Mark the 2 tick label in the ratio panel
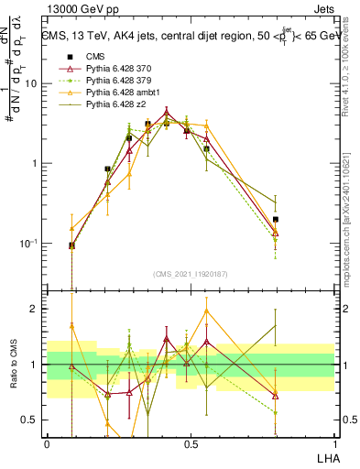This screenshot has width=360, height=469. (36, 309)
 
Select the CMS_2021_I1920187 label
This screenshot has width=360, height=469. (191, 273)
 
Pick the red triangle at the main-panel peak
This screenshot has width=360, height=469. (166, 114)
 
